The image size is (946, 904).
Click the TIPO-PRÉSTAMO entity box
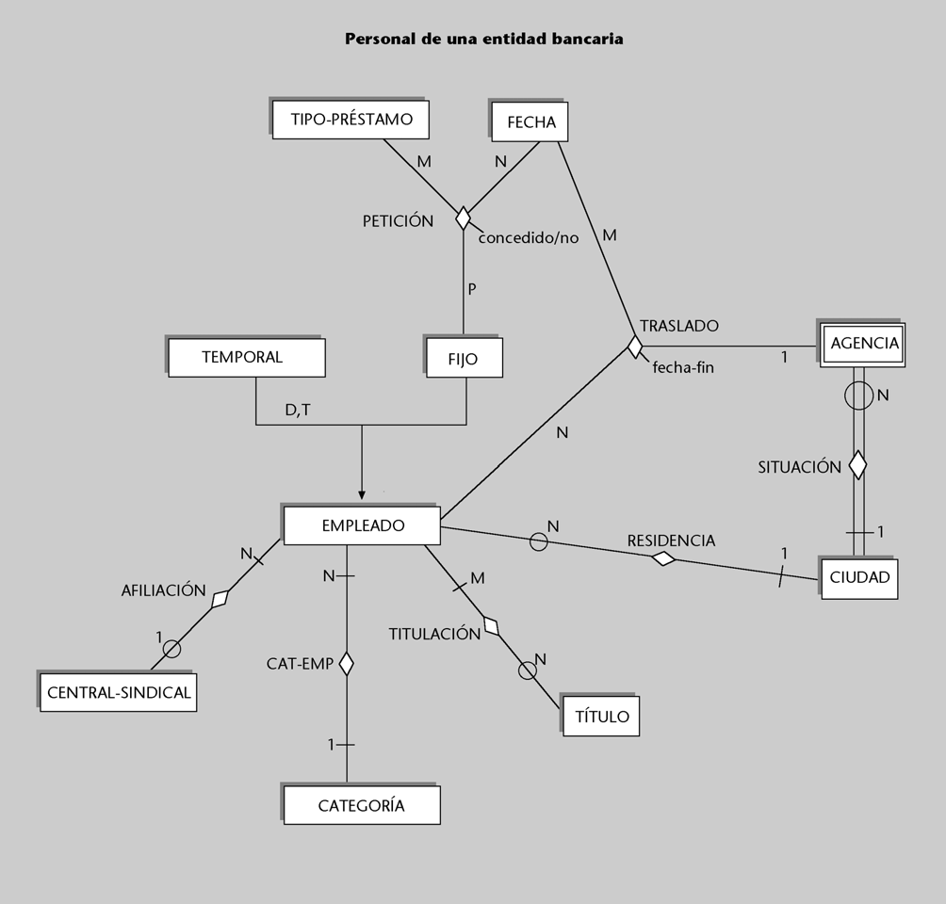pyautogui.click(x=351, y=121)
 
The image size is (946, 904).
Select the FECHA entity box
pyautogui.click(x=531, y=122)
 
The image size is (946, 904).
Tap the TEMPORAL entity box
pyautogui.click(x=246, y=358)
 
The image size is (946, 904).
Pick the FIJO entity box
pyautogui.click(x=464, y=359)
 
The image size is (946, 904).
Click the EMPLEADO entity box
pyautogui.click(x=362, y=525)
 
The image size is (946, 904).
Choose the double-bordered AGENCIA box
pyautogui.click(x=864, y=344)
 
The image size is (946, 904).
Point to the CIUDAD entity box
pyautogui.click(x=859, y=578)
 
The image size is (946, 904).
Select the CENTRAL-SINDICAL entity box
pyautogui.click(x=119, y=693)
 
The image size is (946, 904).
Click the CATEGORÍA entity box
pyautogui.click(x=361, y=806)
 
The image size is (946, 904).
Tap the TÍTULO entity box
pyautogui.click(x=601, y=717)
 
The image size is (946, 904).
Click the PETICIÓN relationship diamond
pyautogui.click(x=463, y=218)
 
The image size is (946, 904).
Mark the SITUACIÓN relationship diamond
pyautogui.click(x=857, y=464)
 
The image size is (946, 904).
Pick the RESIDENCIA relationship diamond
pyautogui.click(x=664, y=558)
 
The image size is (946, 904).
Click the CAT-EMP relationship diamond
pyautogui.click(x=346, y=664)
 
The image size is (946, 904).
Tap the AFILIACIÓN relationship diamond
pyautogui.click(x=220, y=598)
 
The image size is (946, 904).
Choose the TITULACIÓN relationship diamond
pyautogui.click(x=491, y=624)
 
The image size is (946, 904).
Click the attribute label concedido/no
pyautogui.click(x=528, y=238)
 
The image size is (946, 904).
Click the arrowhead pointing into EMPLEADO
pyautogui.click(x=362, y=494)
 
